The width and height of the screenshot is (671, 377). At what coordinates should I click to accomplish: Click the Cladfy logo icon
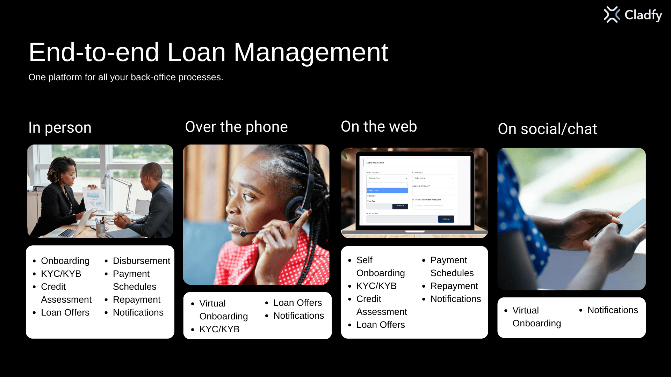click(612, 15)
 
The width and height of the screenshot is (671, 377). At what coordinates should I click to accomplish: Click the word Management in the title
click(311, 52)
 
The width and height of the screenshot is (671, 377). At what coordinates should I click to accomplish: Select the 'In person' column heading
click(60, 128)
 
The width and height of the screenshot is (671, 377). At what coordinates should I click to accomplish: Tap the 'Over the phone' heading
click(236, 127)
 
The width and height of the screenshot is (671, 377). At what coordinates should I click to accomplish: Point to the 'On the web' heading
click(379, 126)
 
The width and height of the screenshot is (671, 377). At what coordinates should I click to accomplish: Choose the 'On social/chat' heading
click(547, 129)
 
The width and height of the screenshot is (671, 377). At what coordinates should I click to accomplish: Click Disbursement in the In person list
click(141, 261)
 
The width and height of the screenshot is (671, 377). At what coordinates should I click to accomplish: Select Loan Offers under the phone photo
click(297, 303)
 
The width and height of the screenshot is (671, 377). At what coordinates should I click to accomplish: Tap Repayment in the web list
click(454, 286)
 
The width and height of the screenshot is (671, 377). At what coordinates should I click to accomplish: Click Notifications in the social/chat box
click(613, 310)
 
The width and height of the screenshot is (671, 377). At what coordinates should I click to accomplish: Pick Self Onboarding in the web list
click(380, 266)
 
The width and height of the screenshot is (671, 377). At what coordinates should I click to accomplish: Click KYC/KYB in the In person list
click(61, 274)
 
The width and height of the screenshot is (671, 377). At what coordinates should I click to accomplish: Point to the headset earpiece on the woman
click(296, 209)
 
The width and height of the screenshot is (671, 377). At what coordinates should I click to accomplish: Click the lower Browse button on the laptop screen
click(446, 219)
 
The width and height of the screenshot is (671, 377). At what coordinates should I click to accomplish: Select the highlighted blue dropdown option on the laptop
click(387, 191)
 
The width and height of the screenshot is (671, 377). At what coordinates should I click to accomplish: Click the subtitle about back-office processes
click(126, 77)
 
